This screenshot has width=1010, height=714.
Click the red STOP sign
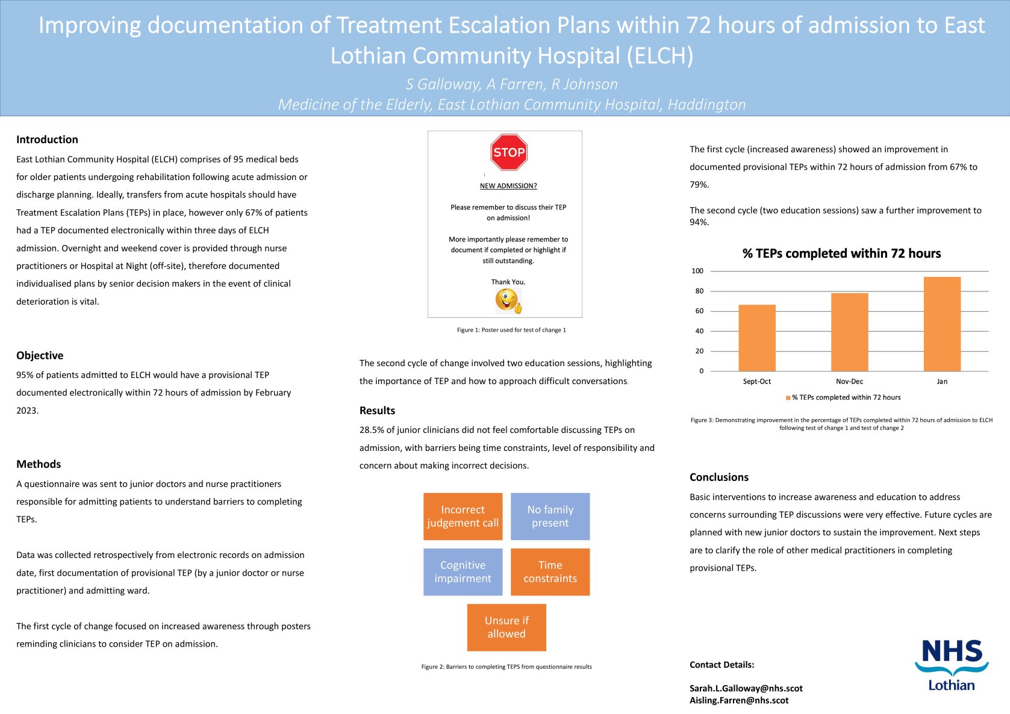point(509,152)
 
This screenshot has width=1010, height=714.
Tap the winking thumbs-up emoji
point(508,300)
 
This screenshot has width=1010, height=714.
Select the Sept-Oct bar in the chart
point(756,338)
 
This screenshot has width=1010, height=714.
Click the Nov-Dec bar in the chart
point(849,332)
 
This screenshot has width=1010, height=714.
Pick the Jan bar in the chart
point(942,324)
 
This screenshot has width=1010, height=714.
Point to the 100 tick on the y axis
point(697,271)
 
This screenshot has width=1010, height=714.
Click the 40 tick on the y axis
point(699,331)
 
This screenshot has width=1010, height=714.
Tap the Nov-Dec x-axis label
point(849,382)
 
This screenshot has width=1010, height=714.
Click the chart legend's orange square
point(788,398)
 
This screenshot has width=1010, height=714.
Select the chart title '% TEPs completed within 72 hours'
point(841,253)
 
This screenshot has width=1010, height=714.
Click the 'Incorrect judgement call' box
point(463,517)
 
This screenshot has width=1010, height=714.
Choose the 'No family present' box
point(550,517)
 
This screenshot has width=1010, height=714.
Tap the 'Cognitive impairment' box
point(463,572)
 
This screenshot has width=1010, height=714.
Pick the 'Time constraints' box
point(550,572)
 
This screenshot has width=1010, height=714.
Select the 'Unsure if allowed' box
point(507,627)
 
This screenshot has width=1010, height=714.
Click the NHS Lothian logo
point(952,665)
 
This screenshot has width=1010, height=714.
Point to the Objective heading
point(40,356)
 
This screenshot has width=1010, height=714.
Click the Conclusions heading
point(719,477)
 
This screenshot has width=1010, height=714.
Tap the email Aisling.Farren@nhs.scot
point(739,701)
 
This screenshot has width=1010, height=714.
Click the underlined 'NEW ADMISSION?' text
point(508,186)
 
